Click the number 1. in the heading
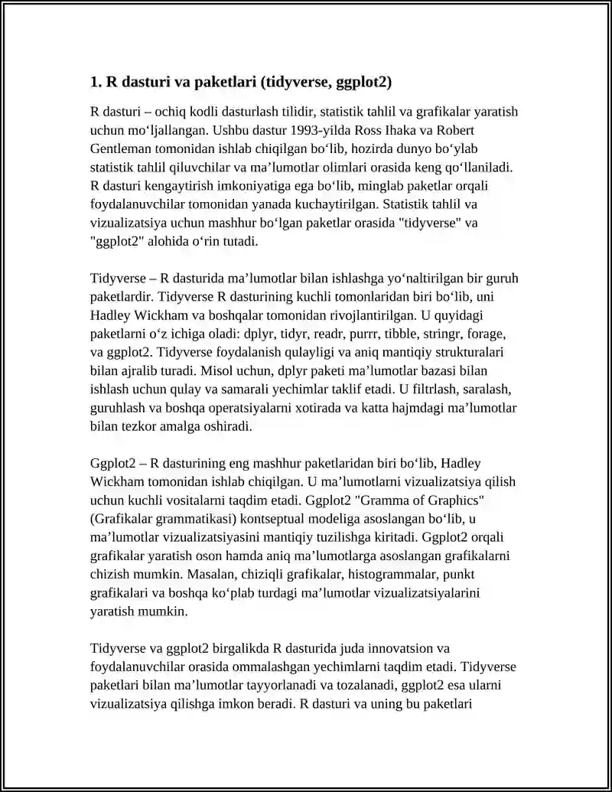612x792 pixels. click(96, 81)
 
